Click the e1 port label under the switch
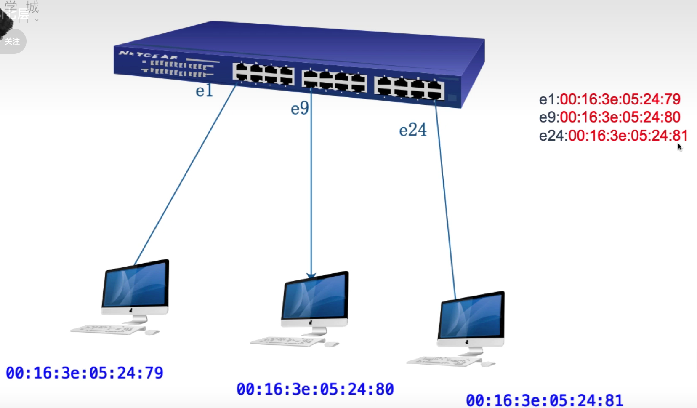pos(204,91)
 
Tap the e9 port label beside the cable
pos(300,109)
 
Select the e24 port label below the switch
pos(412,130)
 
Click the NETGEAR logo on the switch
pos(148,55)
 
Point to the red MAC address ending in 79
pos(620,99)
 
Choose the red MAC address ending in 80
pos(620,117)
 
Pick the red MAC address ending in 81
pos(628,136)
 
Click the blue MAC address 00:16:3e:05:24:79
pos(84,373)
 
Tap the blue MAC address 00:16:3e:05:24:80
pos(315,389)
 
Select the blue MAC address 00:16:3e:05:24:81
pos(544,400)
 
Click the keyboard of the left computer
pos(107,329)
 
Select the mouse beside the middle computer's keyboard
pos(331,344)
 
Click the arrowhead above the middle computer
pos(311,276)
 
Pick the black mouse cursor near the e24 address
pos(679,147)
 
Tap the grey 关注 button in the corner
pos(13,42)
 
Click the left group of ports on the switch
pos(263,74)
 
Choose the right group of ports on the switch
pos(409,88)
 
